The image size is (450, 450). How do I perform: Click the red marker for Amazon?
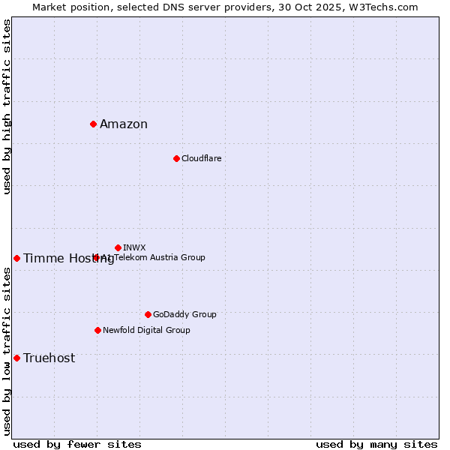(93, 124)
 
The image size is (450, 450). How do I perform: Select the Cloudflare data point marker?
(176, 158)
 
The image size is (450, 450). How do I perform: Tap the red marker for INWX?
(118, 247)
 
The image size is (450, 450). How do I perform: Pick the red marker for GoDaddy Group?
(148, 314)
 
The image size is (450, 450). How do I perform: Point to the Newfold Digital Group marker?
(97, 330)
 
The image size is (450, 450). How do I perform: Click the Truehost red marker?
(16, 358)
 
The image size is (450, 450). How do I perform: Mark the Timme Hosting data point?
(16, 258)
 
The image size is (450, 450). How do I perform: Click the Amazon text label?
(124, 124)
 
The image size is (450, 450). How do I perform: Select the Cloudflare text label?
(201, 158)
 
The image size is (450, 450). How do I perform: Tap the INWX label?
(134, 247)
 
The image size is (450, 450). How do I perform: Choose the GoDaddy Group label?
(184, 314)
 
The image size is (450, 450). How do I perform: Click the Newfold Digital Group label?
(146, 330)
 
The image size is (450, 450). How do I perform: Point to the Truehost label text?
(49, 358)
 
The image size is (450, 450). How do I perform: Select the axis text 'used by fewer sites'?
(77, 444)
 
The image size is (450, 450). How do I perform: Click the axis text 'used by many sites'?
(376, 444)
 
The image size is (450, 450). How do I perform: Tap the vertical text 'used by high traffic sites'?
(7, 106)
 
